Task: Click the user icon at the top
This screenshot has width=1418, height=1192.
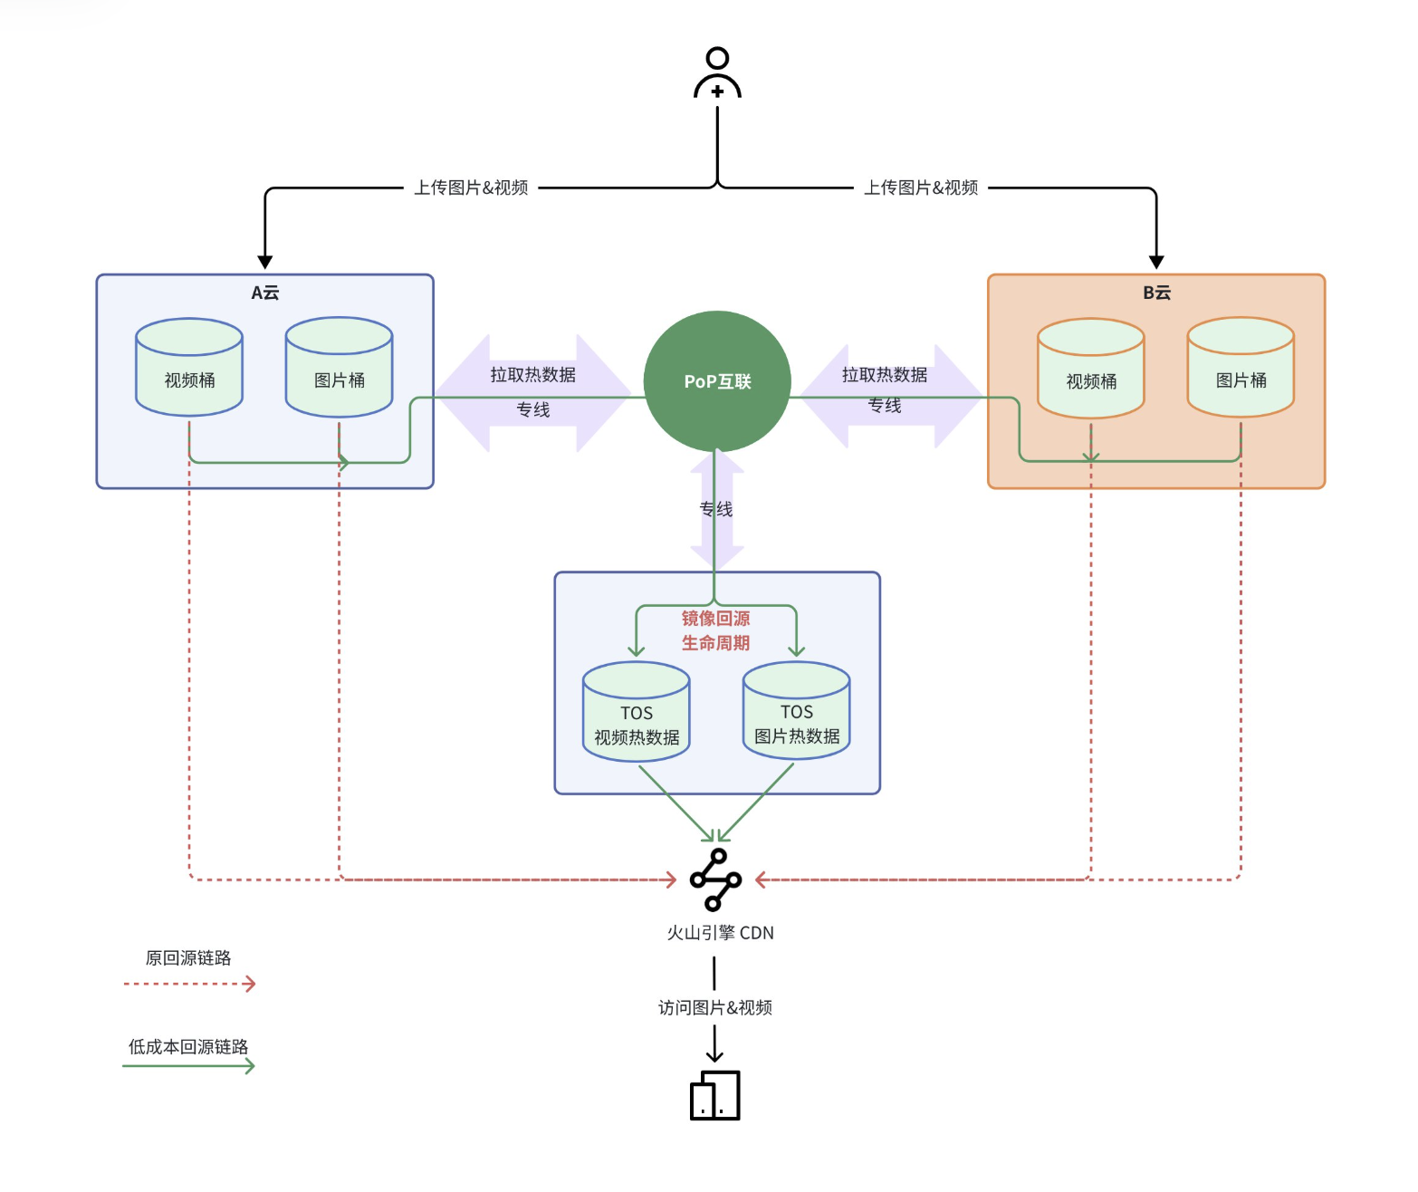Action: click(717, 73)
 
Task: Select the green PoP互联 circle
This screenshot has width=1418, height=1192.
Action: click(717, 381)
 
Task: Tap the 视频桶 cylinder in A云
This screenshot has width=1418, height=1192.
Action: click(189, 368)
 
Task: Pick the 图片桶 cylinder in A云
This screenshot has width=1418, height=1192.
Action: click(339, 368)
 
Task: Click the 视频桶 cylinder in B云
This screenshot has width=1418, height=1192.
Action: click(1090, 369)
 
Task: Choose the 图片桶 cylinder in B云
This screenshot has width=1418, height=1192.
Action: click(1241, 368)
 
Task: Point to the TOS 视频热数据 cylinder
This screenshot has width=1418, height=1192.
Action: click(637, 713)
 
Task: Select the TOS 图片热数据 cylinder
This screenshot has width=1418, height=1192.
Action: click(796, 712)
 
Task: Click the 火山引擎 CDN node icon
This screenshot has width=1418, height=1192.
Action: click(715, 880)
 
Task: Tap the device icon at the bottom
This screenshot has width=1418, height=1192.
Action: click(715, 1095)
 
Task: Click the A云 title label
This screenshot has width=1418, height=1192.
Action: click(264, 293)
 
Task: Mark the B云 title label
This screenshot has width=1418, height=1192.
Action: click(1156, 293)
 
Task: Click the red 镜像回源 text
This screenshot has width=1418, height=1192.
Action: click(715, 619)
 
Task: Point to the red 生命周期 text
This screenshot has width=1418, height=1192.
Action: click(715, 643)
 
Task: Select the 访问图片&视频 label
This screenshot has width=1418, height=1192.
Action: click(715, 1007)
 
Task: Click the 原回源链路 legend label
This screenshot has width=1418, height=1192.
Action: click(188, 958)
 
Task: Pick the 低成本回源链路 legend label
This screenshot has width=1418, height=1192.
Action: click(188, 1047)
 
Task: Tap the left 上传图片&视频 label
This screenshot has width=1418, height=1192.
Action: click(471, 187)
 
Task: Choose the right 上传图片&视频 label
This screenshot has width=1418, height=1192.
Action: click(921, 187)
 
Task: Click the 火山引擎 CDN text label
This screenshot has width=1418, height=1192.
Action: click(720, 933)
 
